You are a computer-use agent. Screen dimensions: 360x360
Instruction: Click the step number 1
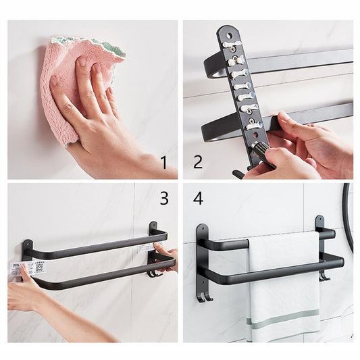tap(163, 161)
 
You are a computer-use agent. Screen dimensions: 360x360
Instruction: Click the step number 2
tap(198, 161)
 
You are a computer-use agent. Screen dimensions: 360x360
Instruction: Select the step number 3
tap(163, 198)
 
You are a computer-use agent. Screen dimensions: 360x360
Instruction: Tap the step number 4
tap(198, 199)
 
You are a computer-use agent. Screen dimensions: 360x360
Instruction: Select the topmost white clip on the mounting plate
tap(232, 44)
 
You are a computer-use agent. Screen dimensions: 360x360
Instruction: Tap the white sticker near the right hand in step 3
tap(145, 248)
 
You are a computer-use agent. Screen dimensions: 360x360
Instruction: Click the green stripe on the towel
tap(283, 314)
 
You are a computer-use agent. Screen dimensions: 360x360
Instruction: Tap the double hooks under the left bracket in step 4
tap(204, 295)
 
